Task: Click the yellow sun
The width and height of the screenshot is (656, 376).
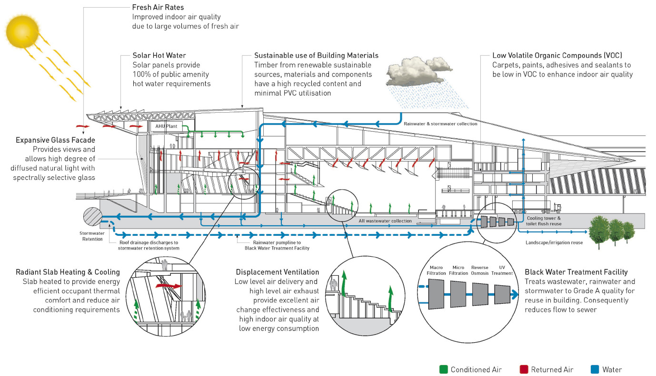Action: coord(21,29)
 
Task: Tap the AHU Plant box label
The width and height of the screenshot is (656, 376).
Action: coord(163,127)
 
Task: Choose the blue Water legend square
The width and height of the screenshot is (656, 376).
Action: coord(595,369)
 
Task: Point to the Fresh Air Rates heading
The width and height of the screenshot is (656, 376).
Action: coord(158,8)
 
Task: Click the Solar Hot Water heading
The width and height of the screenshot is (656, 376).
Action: coord(159,56)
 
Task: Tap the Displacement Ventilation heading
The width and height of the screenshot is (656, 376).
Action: coord(278,272)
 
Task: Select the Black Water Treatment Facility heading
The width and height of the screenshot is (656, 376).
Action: coord(576,272)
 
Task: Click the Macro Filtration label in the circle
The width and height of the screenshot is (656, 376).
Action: coord(437,270)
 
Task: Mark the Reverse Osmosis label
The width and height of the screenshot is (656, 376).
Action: coord(479,270)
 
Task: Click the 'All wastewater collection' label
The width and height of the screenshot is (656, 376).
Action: coord(385,221)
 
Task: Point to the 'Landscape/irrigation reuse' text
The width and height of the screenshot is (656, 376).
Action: coord(553,242)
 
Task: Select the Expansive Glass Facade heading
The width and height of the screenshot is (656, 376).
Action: coord(55,140)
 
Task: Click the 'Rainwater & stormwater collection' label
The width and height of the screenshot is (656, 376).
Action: coord(440,124)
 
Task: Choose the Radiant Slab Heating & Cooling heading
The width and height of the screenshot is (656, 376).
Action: coord(68,272)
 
